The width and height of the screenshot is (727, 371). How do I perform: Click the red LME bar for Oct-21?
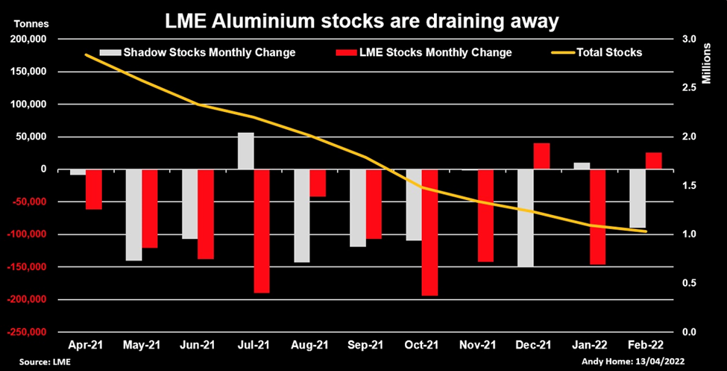pyautogui.click(x=430, y=232)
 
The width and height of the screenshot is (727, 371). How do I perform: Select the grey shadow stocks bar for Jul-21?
pyautogui.click(x=246, y=151)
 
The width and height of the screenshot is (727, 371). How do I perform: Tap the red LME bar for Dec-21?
pyautogui.click(x=542, y=156)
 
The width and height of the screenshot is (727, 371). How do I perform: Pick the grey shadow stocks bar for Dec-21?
pyautogui.click(x=526, y=217)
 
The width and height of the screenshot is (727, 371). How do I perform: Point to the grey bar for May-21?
pyautogui.click(x=133, y=215)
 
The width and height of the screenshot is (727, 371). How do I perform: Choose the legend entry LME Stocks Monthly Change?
pyautogui.click(x=437, y=52)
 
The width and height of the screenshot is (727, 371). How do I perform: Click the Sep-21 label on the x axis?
pyautogui.click(x=365, y=346)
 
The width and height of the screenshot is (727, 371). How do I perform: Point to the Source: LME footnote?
pyautogui.click(x=35, y=362)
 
